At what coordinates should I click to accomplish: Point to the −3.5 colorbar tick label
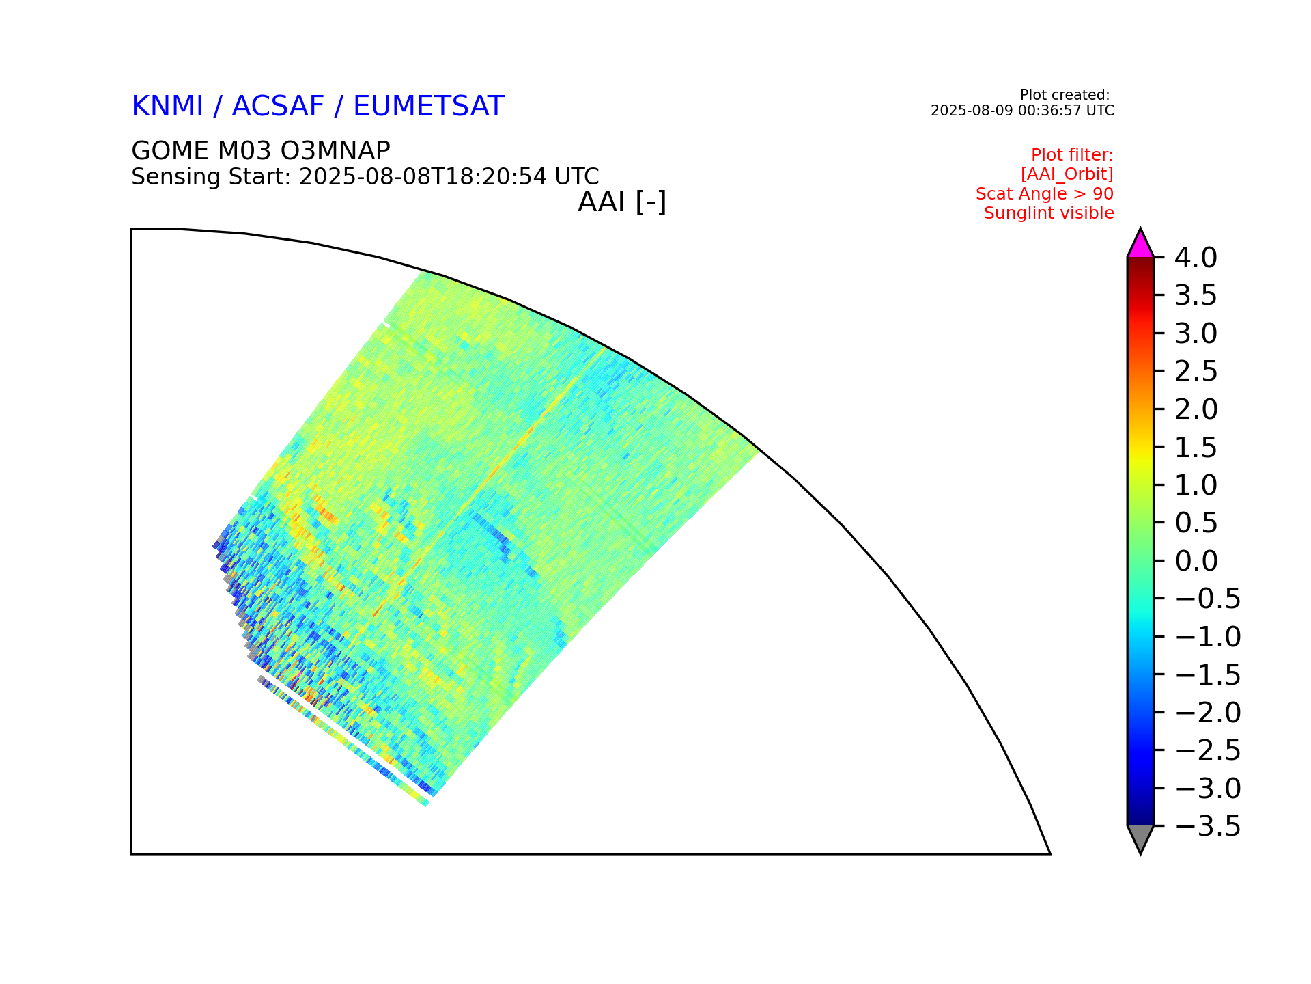click(1208, 826)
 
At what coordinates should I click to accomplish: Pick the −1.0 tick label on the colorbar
click(1208, 637)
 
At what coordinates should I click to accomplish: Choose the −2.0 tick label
click(1208, 713)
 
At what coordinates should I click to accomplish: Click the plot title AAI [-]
click(622, 202)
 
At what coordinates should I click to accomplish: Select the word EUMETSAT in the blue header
click(429, 107)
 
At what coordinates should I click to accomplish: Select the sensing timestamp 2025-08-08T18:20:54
click(423, 177)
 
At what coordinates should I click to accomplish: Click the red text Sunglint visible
click(1049, 213)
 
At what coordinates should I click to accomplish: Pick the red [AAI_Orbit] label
click(1067, 174)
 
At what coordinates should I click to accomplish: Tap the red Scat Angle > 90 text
click(1045, 194)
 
